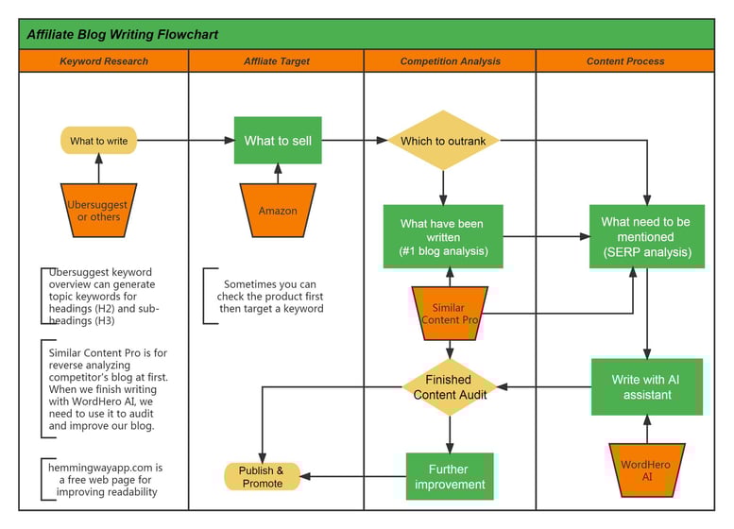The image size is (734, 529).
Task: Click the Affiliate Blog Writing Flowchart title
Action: pyautogui.click(x=123, y=35)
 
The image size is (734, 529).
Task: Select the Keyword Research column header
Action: pyautogui.click(x=104, y=61)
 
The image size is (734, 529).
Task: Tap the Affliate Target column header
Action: pyautogui.click(x=276, y=61)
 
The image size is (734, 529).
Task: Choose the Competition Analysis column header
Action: pyautogui.click(x=450, y=61)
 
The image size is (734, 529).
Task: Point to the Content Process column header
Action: pyautogui.click(x=625, y=61)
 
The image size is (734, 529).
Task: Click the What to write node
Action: pyautogui.click(x=99, y=141)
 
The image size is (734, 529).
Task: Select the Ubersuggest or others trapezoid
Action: pyautogui.click(x=99, y=210)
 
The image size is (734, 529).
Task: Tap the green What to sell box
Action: pyautogui.click(x=278, y=141)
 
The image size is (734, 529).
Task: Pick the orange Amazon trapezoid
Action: pyautogui.click(x=278, y=210)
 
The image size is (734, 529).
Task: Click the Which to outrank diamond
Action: pyautogui.click(x=443, y=141)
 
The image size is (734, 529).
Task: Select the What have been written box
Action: pyautogui.click(x=443, y=236)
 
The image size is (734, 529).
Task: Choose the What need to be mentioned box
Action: pyautogui.click(x=647, y=236)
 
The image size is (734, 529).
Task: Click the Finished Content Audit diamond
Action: pyautogui.click(x=450, y=386)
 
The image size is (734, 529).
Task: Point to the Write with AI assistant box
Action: pyautogui.click(x=647, y=386)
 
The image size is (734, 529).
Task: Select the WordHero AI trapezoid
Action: pyautogui.click(x=647, y=469)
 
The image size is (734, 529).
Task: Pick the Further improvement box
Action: pyautogui.click(x=450, y=476)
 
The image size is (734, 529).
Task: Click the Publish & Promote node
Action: pyautogui.click(x=262, y=476)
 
